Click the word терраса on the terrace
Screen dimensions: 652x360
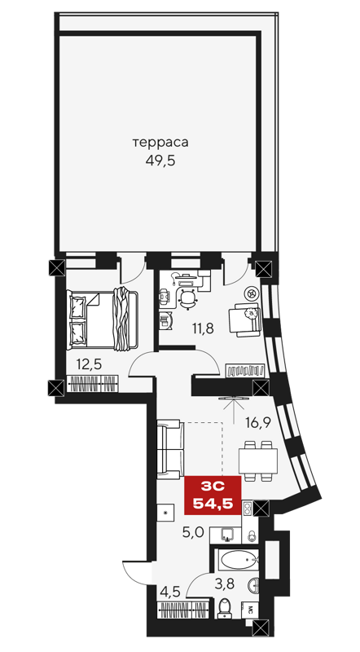pyautogui.click(x=160, y=143)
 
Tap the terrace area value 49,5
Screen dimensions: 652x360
pyautogui.click(x=160, y=160)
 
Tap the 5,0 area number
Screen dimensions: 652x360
pyautogui.click(x=191, y=534)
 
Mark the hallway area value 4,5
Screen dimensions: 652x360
pyautogui.click(x=169, y=592)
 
